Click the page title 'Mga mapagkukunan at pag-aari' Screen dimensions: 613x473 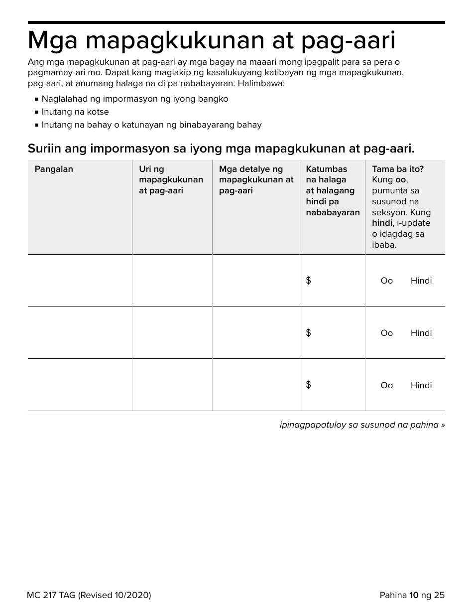coord(212,40)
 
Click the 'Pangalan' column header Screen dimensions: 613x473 coord(54,169)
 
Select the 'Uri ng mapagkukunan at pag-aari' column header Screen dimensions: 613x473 coord(171,179)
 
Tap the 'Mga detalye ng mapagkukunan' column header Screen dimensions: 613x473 coord(256,179)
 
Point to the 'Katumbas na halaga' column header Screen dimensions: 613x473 coord(332,190)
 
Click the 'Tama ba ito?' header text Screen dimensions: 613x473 coord(398,169)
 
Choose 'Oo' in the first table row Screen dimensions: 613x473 coord(386,281)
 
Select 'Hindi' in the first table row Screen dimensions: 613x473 coord(421,281)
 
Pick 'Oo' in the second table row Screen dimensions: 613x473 coord(386,333)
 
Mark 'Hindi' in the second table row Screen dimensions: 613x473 coord(421,333)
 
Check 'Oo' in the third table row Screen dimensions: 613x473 coord(386,385)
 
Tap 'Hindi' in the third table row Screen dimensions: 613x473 coord(421,385)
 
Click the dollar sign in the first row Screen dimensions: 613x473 coord(308,281)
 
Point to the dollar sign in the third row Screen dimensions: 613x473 coord(308,384)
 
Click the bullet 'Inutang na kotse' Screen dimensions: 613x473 coord(75,112)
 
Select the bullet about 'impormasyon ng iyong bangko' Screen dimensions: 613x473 coord(134,99)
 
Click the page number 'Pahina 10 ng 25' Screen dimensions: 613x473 coord(412,595)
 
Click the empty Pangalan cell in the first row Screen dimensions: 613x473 coord(80,280)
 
